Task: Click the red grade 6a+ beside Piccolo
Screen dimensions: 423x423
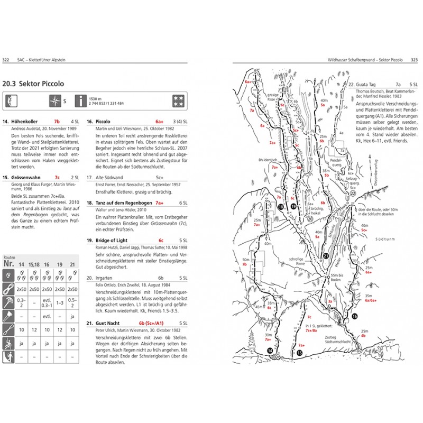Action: pos(159,122)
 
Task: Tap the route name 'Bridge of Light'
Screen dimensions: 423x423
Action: pos(110,240)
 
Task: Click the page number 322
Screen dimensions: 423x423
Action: pos(7,60)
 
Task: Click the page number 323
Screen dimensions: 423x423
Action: pos(415,60)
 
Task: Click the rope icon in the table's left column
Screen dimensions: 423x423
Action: pos(8,289)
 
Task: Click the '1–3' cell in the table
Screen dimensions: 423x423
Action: pos(59,302)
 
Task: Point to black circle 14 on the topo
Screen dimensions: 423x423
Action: pos(270,351)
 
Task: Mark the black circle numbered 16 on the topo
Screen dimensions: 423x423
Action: pos(354,316)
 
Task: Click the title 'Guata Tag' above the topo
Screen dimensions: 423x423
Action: pos(367,84)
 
